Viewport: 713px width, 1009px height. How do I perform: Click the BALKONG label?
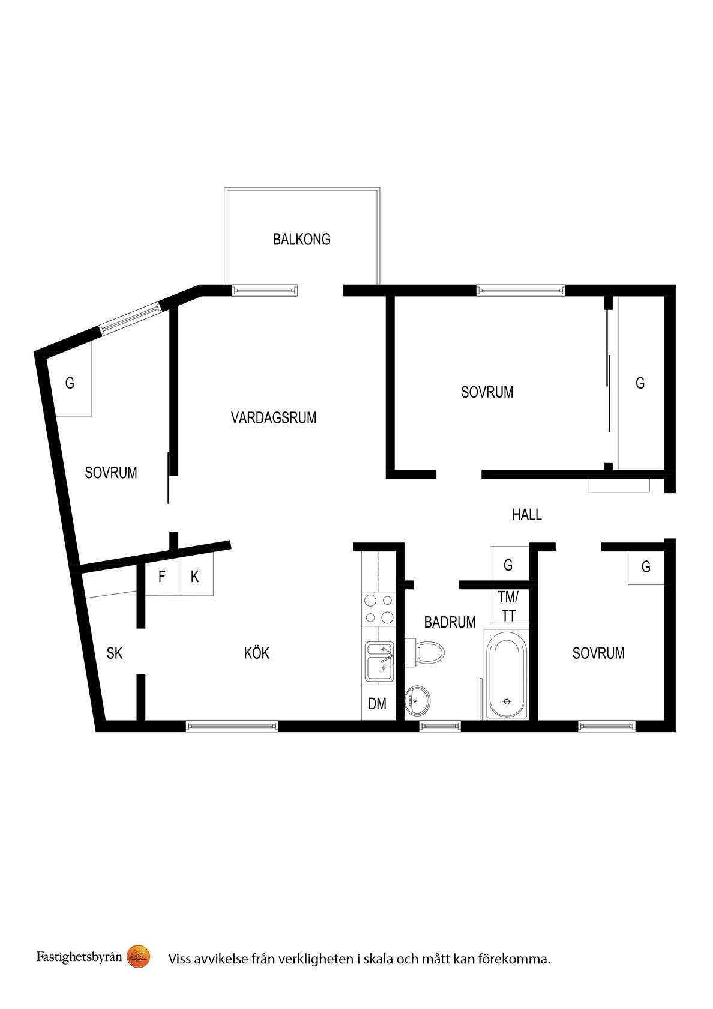click(x=301, y=239)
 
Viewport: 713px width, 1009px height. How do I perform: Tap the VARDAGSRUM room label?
click(x=274, y=417)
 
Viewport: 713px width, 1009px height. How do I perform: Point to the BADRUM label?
click(x=450, y=622)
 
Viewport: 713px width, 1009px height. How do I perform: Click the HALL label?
click(x=527, y=514)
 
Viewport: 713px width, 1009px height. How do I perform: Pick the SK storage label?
click(x=114, y=653)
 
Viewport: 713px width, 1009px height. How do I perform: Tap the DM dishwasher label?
click(x=377, y=704)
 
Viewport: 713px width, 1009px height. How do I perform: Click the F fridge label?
click(x=161, y=576)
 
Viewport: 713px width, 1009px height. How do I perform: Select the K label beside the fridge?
click(x=194, y=577)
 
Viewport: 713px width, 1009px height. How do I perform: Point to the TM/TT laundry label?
click(x=508, y=607)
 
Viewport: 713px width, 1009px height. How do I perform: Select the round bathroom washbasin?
click(x=417, y=700)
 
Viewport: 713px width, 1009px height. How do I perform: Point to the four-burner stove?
click(x=378, y=609)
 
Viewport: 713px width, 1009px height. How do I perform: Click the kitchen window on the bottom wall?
click(x=232, y=726)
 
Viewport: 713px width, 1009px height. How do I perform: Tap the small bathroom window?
click(x=440, y=726)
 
